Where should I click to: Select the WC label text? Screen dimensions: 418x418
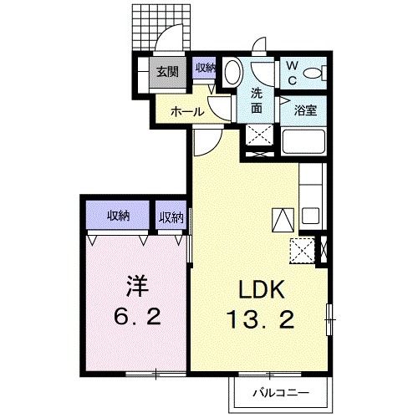coord(293,72)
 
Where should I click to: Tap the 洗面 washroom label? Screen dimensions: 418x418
coord(257,100)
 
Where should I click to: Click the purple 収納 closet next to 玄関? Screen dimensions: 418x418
coord(205,69)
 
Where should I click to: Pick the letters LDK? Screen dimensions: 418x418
coord(263,290)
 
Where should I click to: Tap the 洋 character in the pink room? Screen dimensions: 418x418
coord(138,287)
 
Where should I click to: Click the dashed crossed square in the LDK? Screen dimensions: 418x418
coord(301,250)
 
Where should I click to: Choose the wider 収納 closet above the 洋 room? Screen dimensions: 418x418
coord(118,216)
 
